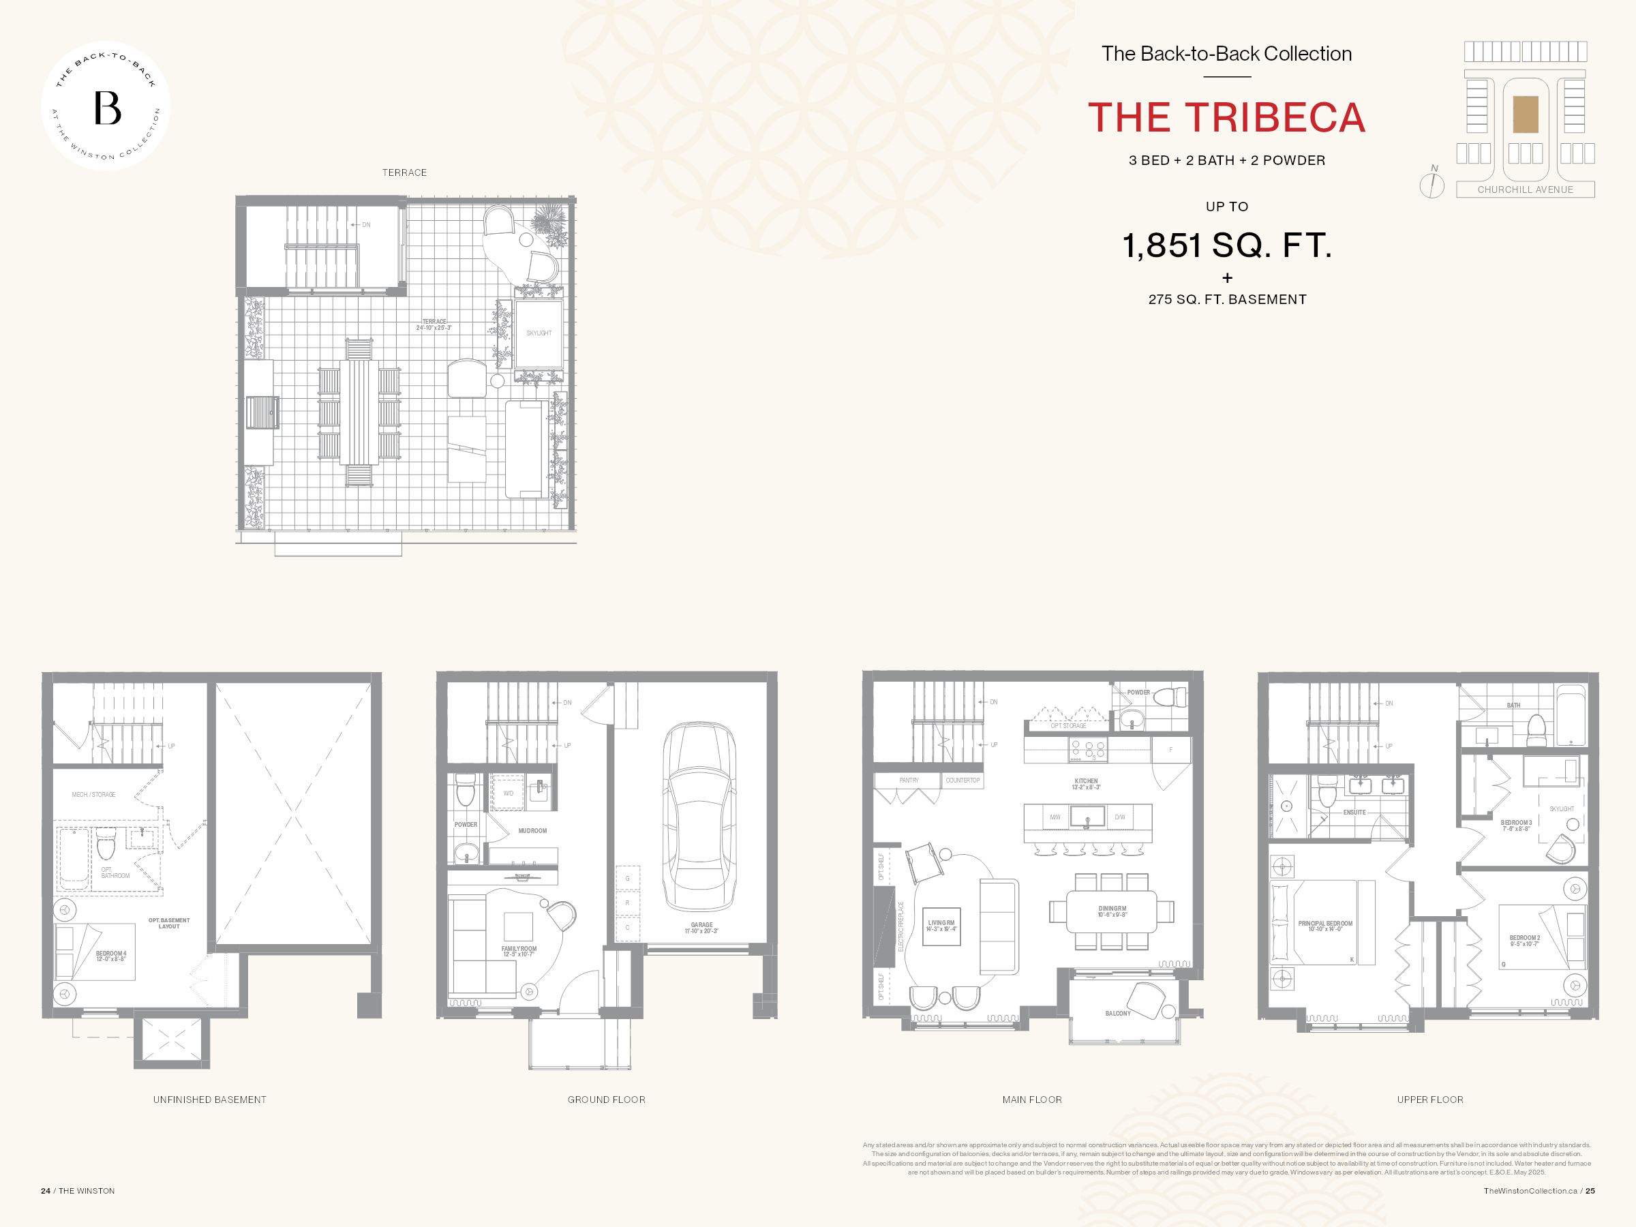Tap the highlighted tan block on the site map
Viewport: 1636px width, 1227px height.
click(1525, 115)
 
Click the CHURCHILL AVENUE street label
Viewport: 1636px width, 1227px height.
click(1525, 190)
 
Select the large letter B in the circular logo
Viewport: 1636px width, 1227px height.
click(107, 108)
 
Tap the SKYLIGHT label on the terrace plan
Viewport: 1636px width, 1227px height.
click(539, 333)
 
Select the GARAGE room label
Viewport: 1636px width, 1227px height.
click(702, 925)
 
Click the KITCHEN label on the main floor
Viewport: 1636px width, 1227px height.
click(1087, 782)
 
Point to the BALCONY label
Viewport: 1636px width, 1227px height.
click(1117, 1013)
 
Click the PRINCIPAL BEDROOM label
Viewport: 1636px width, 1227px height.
click(1325, 924)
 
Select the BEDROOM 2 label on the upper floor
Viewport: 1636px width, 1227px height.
click(1524, 938)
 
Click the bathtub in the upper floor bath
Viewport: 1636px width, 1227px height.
click(1571, 716)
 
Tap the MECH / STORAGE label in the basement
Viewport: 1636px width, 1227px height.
click(93, 795)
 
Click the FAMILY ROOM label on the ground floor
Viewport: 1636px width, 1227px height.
click(519, 949)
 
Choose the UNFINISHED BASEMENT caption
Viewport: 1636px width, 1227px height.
click(209, 1100)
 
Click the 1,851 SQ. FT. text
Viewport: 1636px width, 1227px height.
click(1226, 245)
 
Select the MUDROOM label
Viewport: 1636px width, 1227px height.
click(532, 830)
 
